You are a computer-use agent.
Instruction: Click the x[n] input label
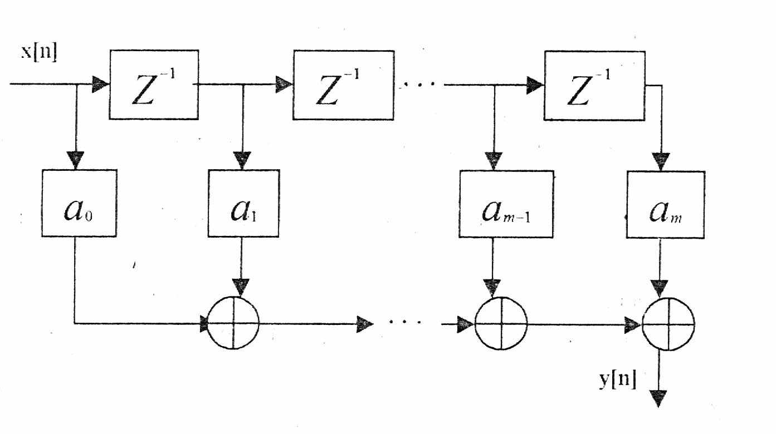point(39,53)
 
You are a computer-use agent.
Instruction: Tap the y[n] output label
point(618,379)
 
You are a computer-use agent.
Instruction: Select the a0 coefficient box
point(79,203)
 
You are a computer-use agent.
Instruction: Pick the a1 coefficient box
point(243,203)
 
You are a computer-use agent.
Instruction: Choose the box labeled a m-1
point(506,204)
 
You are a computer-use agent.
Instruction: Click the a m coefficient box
point(666,205)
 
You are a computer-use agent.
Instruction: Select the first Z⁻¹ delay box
point(154,85)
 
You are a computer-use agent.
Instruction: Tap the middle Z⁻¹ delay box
point(344,85)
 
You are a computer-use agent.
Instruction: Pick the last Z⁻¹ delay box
point(595,86)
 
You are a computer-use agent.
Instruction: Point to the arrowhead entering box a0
point(76,160)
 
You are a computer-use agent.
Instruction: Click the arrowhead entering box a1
point(242,160)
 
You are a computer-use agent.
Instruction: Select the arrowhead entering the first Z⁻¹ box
point(100,84)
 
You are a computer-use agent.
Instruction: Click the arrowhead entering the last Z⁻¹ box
point(535,85)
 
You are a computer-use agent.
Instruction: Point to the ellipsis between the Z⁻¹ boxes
point(418,84)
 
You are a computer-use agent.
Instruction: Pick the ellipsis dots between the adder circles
point(406,322)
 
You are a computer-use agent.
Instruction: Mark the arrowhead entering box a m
point(661,161)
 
